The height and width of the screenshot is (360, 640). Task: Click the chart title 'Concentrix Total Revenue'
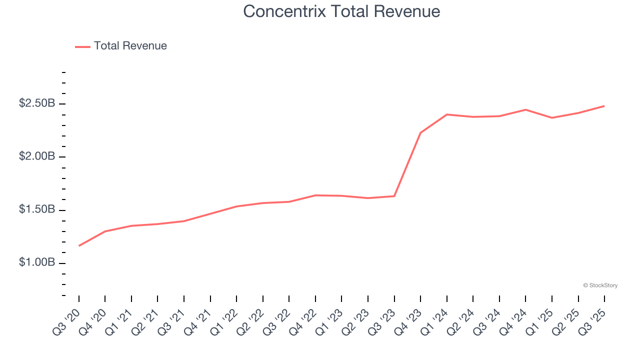(341, 11)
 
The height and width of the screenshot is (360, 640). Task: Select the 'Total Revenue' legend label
(130, 46)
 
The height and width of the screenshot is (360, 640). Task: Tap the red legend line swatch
(82, 46)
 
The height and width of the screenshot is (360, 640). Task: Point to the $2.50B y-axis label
(36, 103)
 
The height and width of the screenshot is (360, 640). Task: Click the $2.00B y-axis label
(36, 156)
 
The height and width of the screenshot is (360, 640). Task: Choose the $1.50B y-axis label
(36, 209)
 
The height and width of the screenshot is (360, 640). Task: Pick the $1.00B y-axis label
(36, 262)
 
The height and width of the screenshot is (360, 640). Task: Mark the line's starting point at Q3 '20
(79, 245)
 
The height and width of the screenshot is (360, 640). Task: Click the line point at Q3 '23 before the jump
(394, 196)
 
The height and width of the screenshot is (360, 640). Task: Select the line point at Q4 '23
(420, 133)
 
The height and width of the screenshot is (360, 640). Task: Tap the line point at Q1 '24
(447, 114)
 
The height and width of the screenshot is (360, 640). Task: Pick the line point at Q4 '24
(525, 109)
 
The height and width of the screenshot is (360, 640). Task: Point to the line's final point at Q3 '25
(604, 106)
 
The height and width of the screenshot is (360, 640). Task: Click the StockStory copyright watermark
(600, 285)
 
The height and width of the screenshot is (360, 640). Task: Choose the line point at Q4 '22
(315, 195)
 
